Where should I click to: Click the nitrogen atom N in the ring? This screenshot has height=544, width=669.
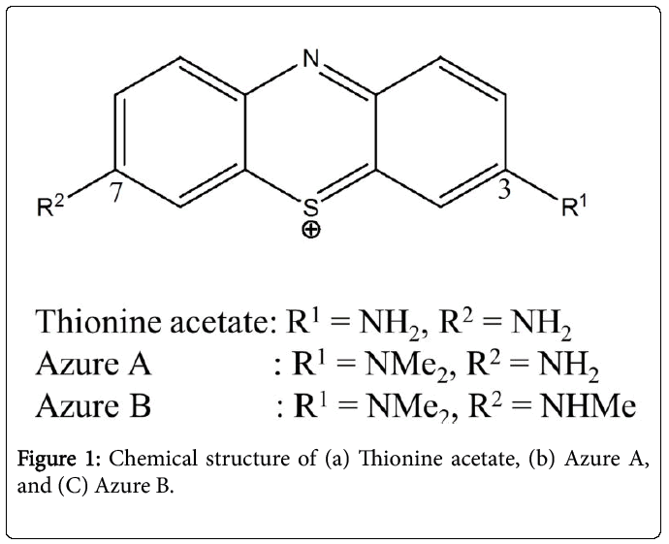click(311, 58)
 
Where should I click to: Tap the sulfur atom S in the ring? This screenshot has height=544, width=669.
click(311, 208)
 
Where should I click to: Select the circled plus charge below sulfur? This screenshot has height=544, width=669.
click(311, 231)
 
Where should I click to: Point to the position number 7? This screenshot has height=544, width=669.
click(115, 192)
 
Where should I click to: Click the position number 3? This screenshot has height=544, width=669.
click(504, 189)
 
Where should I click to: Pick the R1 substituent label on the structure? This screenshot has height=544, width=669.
click(574, 207)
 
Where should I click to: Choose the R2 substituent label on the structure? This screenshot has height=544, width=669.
click(50, 207)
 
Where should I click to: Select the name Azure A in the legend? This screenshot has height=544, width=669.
click(94, 365)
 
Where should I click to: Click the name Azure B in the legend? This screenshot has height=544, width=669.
click(93, 405)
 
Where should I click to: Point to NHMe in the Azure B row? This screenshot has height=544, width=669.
click(588, 405)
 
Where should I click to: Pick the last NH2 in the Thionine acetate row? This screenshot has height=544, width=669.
click(541, 325)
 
